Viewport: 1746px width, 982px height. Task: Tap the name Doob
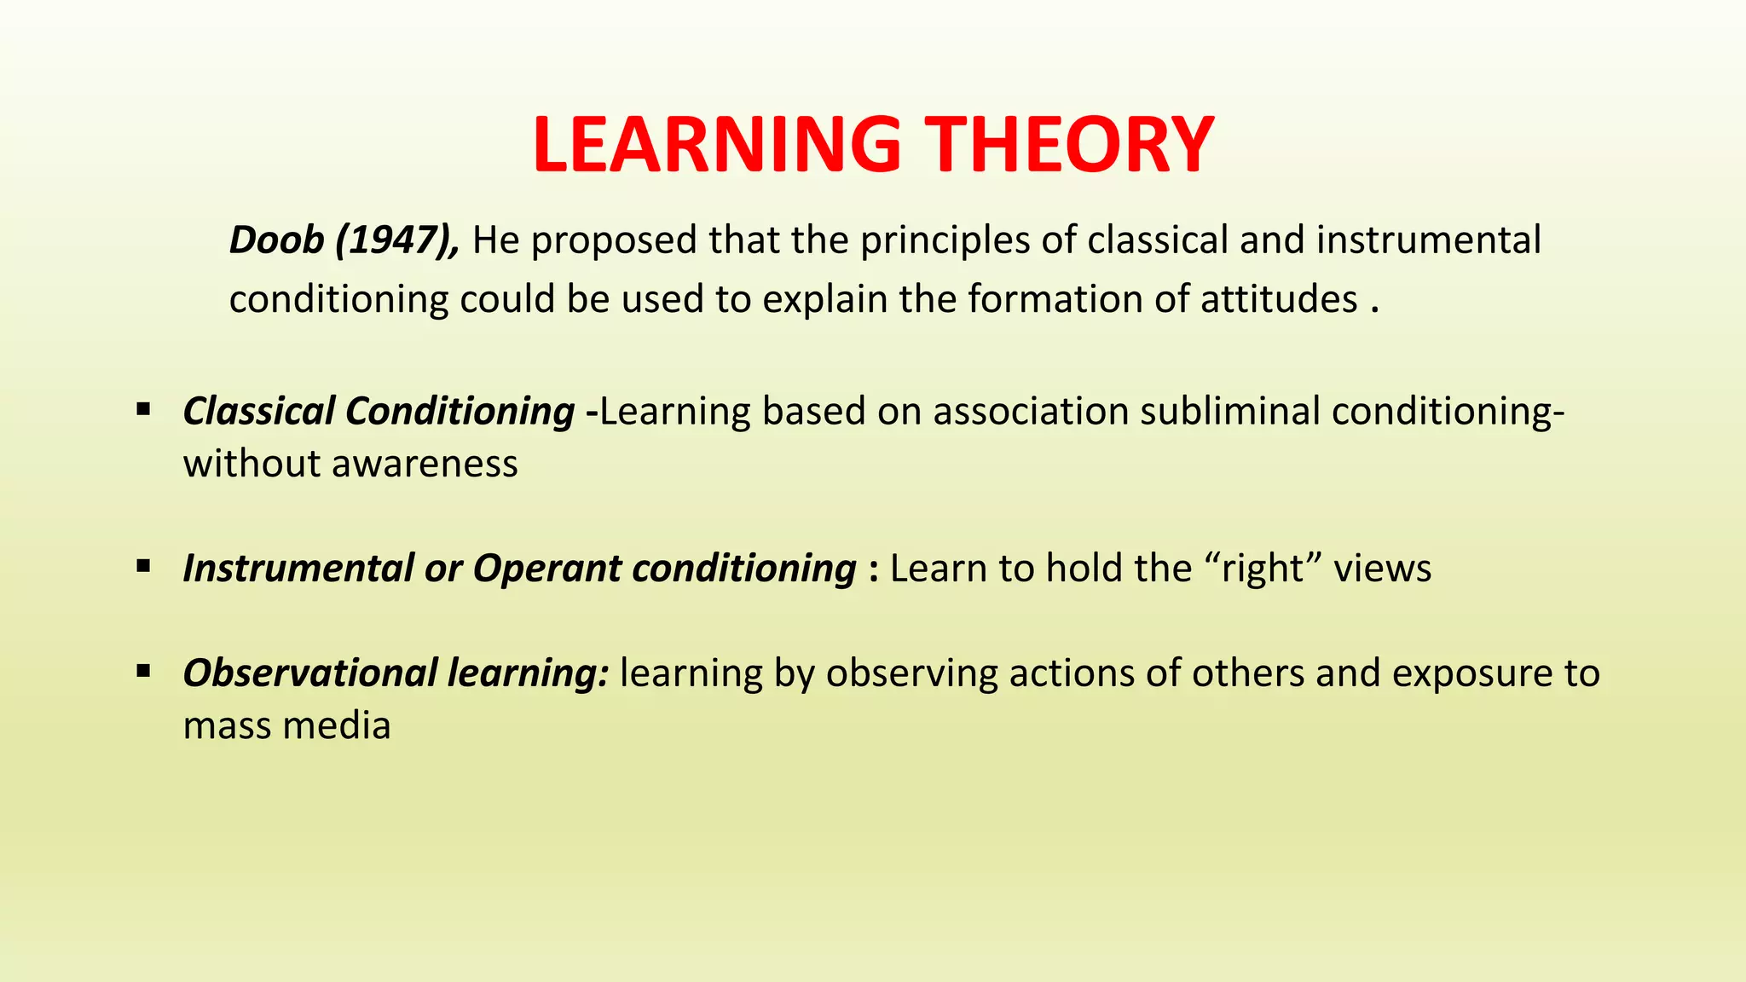(x=277, y=240)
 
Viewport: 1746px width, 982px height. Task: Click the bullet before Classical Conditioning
(x=143, y=409)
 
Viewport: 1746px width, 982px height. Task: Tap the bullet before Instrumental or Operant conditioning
(x=143, y=566)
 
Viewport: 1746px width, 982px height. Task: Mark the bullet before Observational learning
(x=143, y=672)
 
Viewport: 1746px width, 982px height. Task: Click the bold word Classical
(x=258, y=411)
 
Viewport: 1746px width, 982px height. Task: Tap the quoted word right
(x=1263, y=569)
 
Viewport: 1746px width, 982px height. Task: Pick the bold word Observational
(x=309, y=673)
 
